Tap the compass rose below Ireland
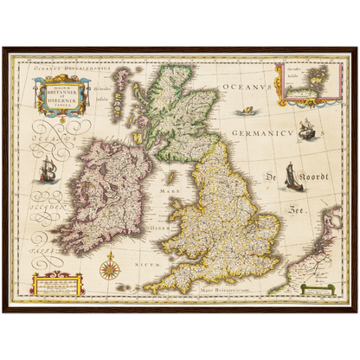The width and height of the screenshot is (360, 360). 110,267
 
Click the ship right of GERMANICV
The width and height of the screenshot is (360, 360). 305,130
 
